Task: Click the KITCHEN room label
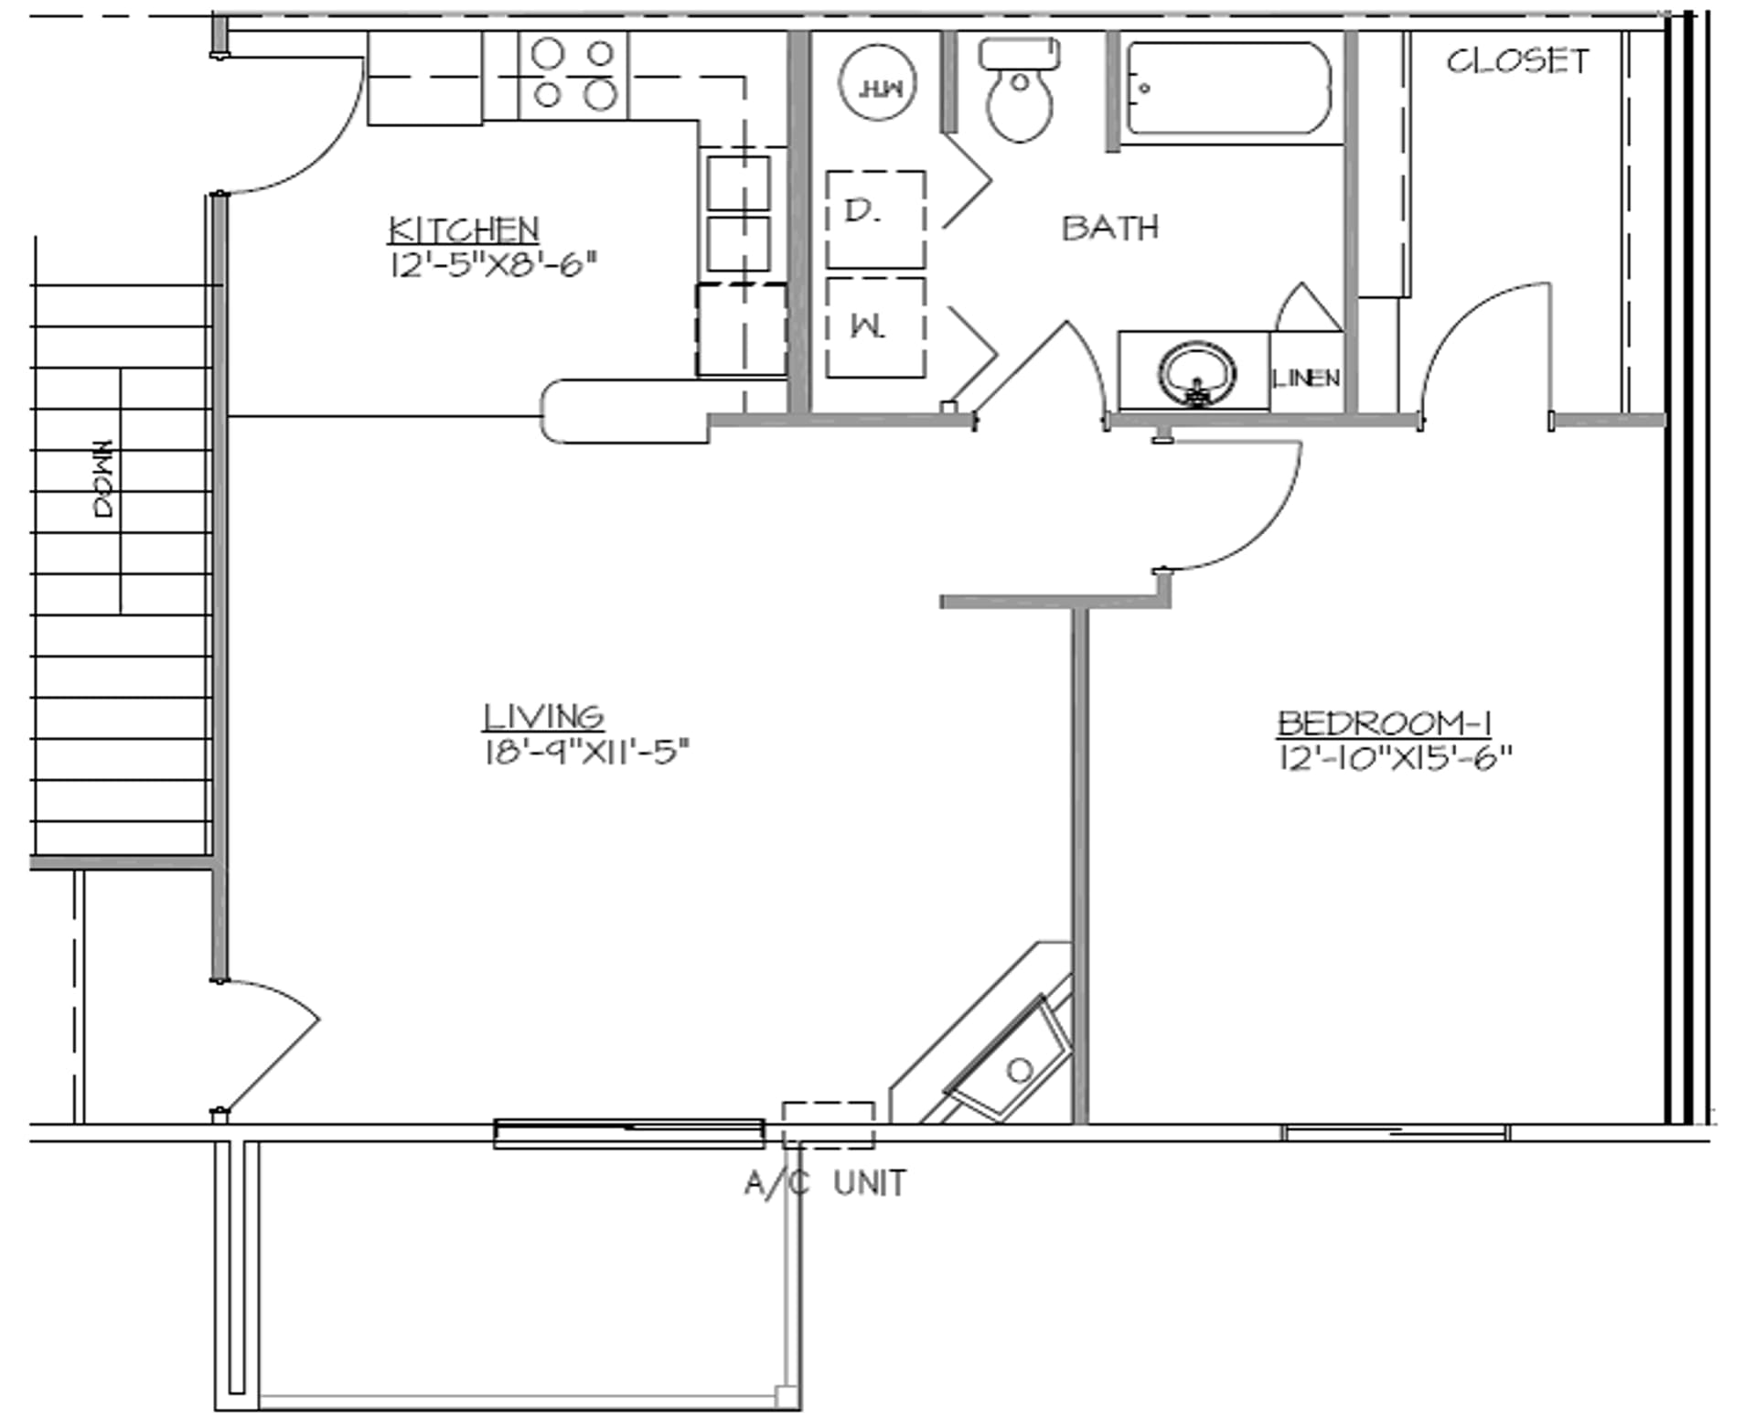coord(464,229)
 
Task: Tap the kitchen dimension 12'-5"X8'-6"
coord(493,266)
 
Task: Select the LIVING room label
coord(543,716)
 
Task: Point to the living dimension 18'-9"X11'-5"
coord(585,753)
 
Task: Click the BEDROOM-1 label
coord(1385,723)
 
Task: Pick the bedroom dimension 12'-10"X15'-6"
coord(1395,758)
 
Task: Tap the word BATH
coord(1110,227)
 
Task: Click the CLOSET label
coord(1517,61)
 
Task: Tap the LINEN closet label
coord(1306,378)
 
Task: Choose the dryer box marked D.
coord(875,219)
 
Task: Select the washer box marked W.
coord(875,327)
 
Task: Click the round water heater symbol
coord(878,85)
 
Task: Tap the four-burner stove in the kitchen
coord(573,75)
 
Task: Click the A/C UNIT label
coord(825,1183)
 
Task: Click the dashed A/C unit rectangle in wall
coord(828,1125)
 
